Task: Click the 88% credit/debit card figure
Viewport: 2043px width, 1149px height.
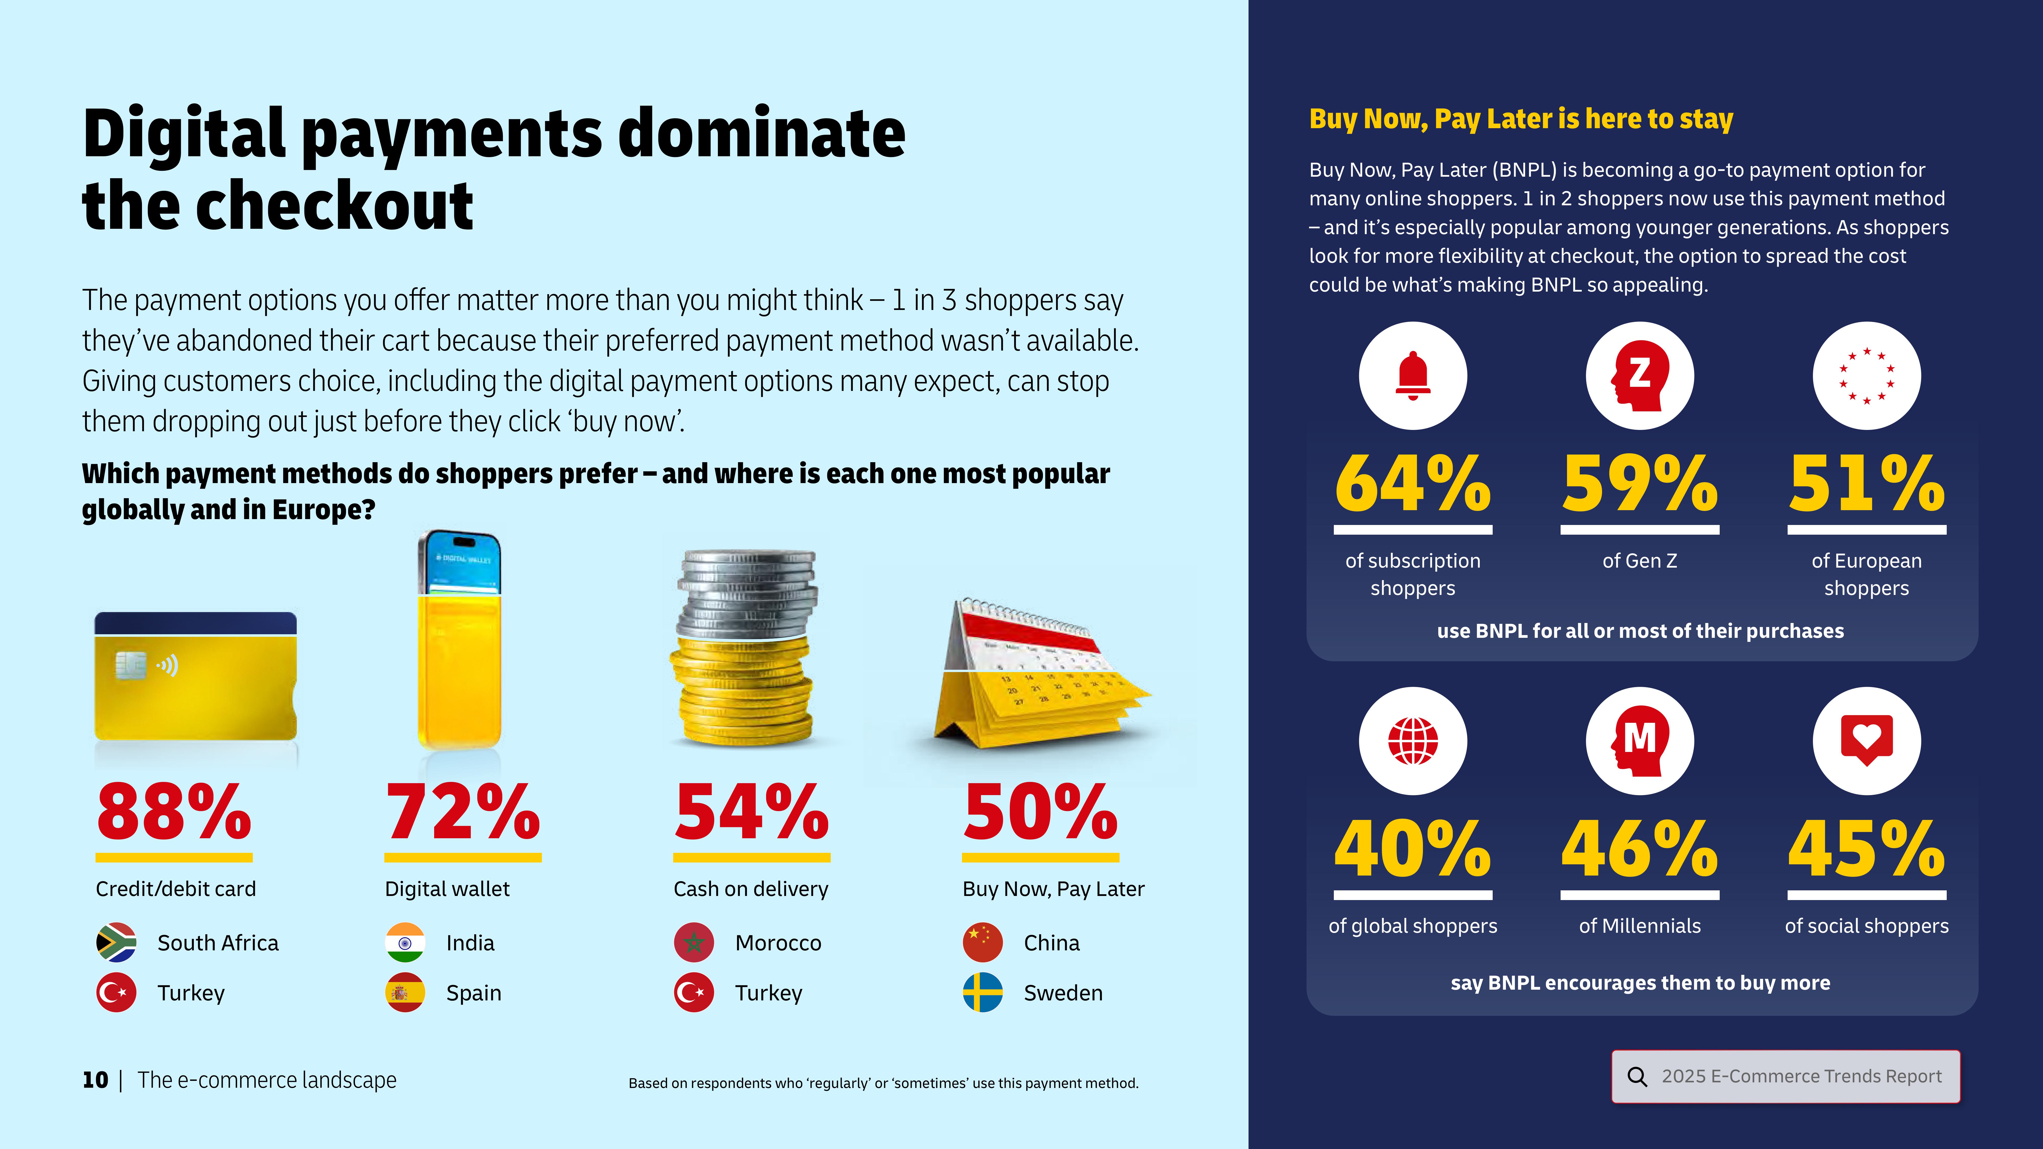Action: point(174,812)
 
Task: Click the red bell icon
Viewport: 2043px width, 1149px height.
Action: point(1412,376)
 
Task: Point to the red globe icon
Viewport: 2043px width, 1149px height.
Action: point(1412,741)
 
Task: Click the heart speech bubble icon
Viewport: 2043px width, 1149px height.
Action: point(1866,739)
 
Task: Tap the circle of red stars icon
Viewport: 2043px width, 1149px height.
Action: point(1866,376)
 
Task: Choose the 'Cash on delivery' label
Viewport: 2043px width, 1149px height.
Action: point(750,889)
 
